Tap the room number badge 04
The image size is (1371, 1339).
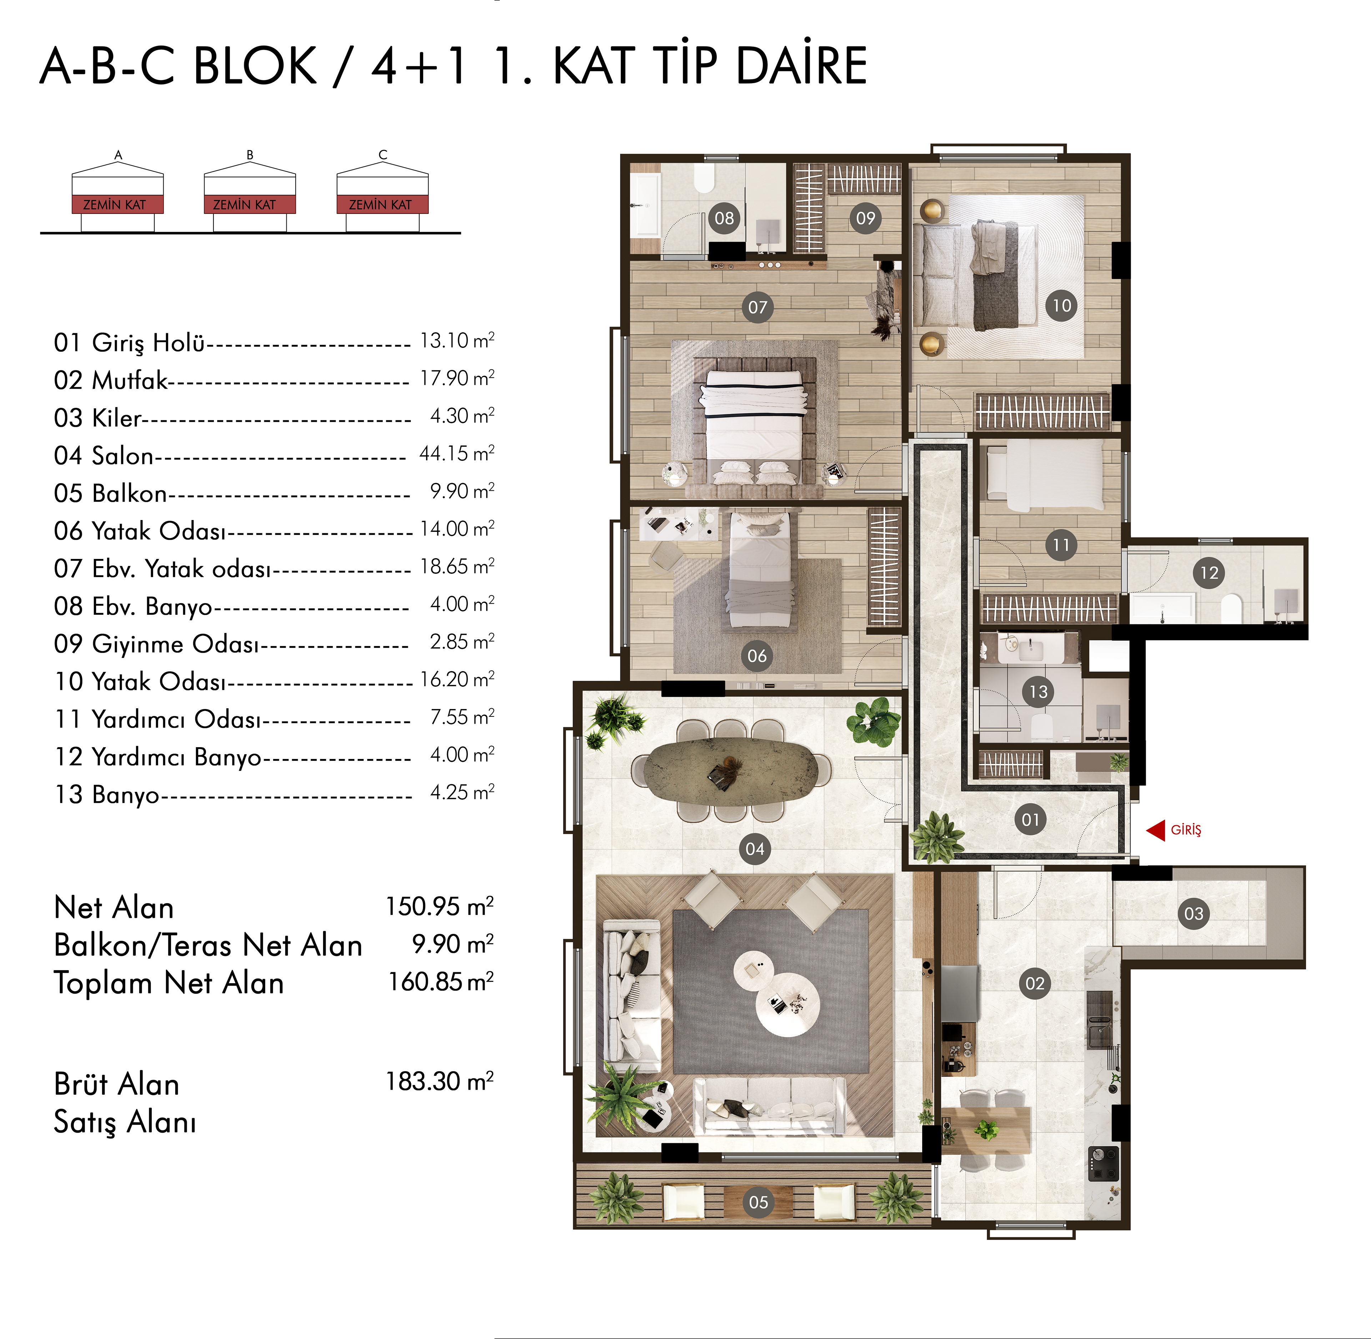(x=755, y=849)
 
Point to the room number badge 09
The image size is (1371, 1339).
(x=865, y=218)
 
